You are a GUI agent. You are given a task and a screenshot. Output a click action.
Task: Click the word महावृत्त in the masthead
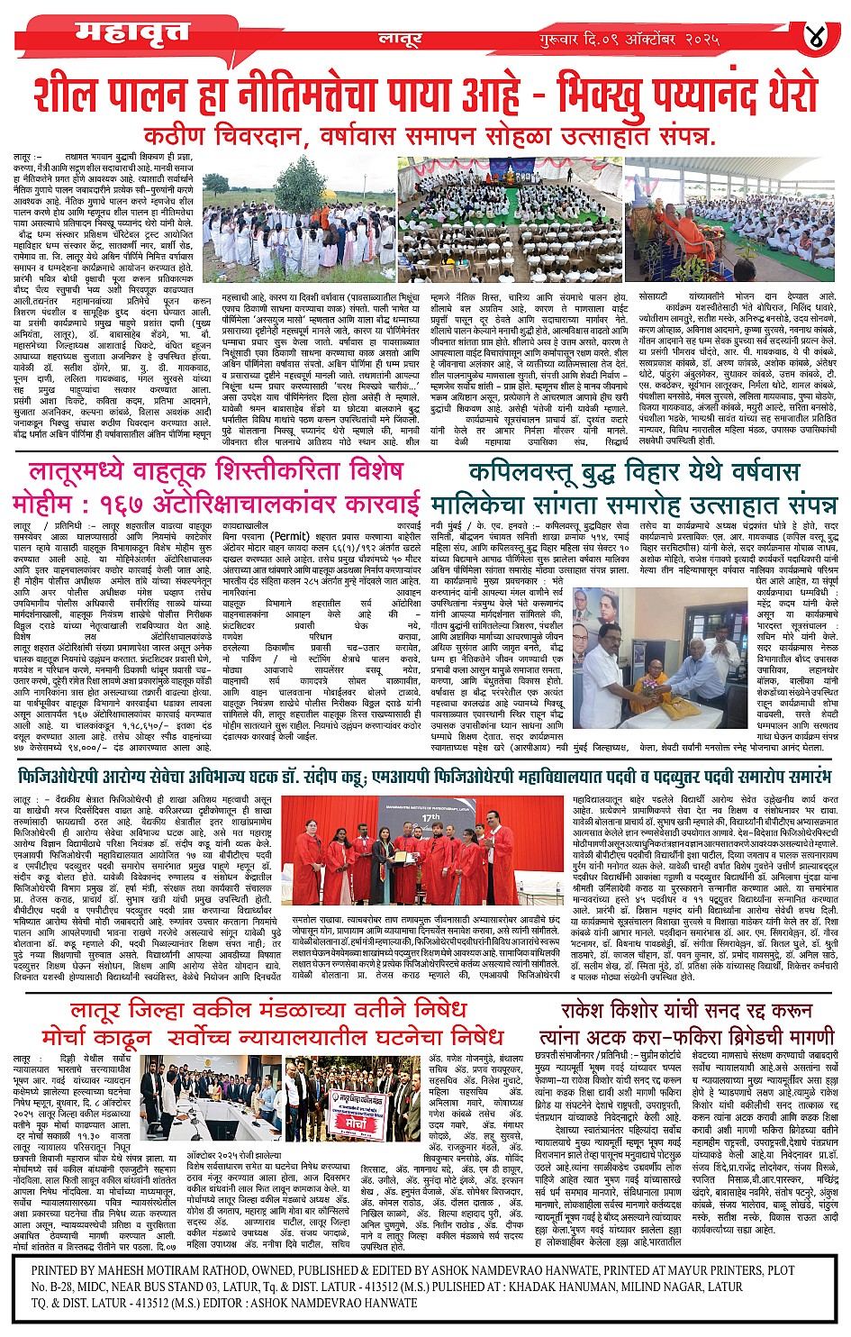click(x=132, y=32)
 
